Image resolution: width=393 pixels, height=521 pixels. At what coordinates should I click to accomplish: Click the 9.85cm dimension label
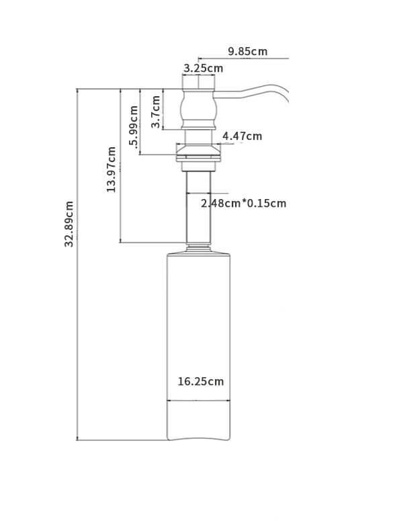248,51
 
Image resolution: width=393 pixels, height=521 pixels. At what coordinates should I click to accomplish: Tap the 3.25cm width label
204,68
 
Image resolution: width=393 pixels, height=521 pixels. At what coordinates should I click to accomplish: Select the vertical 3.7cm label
156,112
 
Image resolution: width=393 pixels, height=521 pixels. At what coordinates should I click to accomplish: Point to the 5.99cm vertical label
134,130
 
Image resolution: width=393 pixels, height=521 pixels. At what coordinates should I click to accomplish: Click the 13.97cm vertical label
112,169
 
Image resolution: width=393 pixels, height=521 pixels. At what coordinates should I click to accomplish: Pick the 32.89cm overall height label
69,224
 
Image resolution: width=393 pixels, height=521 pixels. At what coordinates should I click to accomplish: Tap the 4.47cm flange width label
243,136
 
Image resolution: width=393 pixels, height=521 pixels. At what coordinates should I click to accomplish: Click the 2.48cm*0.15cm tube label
244,203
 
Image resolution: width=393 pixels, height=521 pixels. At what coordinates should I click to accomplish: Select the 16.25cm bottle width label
201,381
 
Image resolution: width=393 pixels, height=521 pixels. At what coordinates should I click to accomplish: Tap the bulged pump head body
198,109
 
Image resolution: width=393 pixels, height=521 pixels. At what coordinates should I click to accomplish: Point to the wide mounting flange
198,153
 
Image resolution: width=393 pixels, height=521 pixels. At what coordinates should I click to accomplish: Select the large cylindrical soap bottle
198,347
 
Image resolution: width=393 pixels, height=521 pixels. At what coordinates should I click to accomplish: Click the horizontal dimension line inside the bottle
198,401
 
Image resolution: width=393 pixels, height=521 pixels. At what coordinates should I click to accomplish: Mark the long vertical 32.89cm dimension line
77,264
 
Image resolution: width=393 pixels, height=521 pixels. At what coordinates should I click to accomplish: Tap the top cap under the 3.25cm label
198,82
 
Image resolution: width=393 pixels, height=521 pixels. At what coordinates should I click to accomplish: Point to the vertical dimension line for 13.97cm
120,165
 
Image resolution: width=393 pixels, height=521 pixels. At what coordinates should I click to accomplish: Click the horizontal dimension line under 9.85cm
244,58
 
